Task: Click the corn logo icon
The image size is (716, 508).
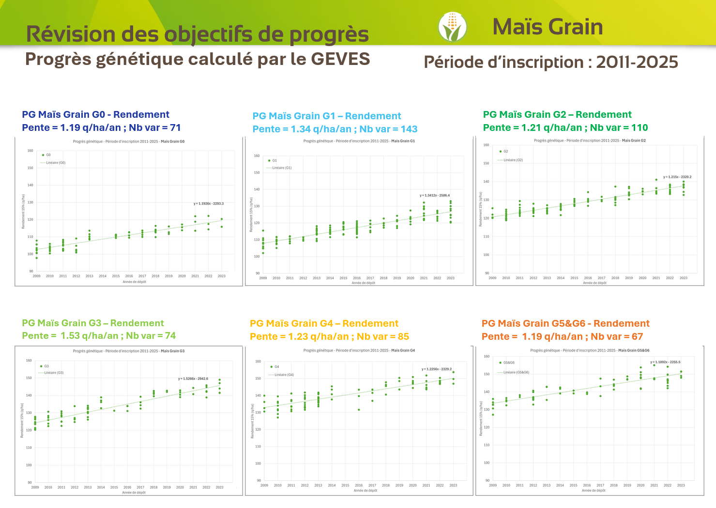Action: tap(452, 27)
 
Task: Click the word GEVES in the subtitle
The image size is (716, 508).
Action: tap(340, 59)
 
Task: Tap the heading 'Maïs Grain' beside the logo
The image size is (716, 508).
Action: tap(548, 27)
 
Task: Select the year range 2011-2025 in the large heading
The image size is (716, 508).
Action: tap(637, 63)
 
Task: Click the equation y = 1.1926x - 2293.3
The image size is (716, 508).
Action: tap(209, 204)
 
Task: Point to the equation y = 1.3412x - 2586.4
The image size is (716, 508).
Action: tap(435, 195)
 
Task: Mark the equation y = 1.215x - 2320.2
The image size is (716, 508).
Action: tap(677, 177)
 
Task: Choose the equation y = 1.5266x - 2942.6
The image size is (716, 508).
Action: tap(193, 379)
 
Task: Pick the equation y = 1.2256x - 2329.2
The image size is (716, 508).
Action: tap(437, 369)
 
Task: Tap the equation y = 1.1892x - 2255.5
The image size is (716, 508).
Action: tap(665, 362)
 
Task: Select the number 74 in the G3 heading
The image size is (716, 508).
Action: tap(170, 336)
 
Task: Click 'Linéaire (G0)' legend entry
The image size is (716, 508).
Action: tap(55, 163)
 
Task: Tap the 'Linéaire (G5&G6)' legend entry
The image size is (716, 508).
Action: tap(516, 373)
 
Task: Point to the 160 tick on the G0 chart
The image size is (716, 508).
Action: tap(30, 151)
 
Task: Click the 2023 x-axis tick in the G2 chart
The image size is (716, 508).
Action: tap(683, 278)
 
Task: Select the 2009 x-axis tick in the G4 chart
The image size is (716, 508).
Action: tap(264, 485)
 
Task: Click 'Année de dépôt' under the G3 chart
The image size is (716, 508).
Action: tap(134, 492)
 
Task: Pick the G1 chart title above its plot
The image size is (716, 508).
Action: tap(359, 141)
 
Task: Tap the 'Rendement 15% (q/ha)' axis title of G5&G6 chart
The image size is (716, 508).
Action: tap(481, 418)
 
